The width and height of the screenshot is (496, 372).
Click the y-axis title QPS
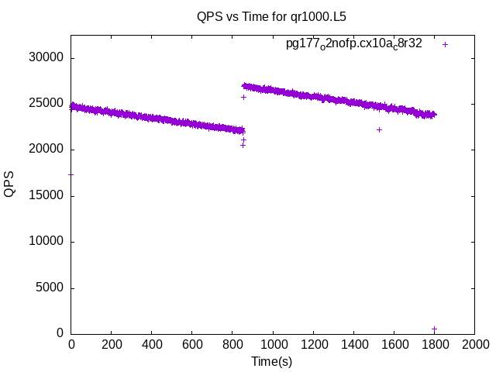click(10, 183)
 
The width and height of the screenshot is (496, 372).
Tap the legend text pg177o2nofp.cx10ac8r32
click(354, 44)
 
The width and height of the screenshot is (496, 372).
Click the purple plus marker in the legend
click(445, 44)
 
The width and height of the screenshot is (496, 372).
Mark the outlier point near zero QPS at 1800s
click(434, 329)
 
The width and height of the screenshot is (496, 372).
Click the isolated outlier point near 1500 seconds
click(379, 129)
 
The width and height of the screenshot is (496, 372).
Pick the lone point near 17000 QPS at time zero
click(71, 174)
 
